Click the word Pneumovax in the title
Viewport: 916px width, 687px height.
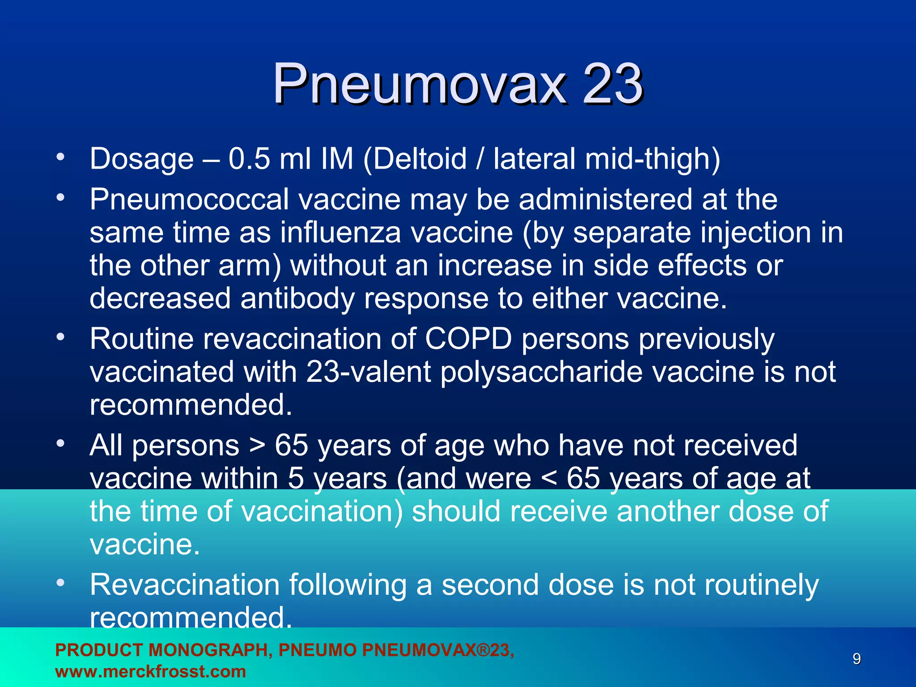point(419,84)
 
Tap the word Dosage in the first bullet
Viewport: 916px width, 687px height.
point(142,159)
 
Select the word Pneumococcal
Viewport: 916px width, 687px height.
point(189,199)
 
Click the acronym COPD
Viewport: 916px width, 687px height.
point(468,339)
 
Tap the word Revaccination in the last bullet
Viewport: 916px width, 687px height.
point(185,585)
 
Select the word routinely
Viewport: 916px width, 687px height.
point(762,585)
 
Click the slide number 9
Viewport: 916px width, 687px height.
point(857,659)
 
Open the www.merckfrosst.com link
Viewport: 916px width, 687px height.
point(150,671)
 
